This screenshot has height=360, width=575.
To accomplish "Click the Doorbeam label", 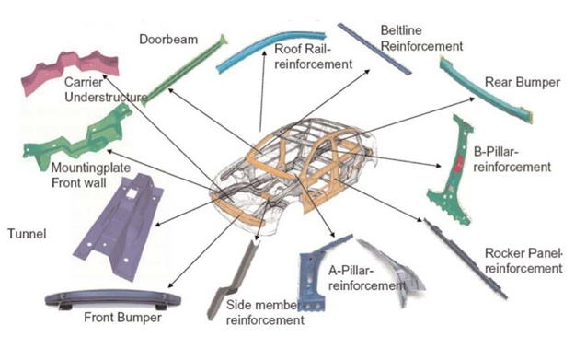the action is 168,40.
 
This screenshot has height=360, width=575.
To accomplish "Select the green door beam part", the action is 183,70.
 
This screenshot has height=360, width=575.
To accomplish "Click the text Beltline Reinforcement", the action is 421,38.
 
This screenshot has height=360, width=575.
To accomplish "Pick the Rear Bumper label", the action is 523,82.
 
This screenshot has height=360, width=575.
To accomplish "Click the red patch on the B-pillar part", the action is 458,164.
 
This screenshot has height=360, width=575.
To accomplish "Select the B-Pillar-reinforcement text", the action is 512,159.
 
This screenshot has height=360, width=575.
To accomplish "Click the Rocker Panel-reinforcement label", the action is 523,261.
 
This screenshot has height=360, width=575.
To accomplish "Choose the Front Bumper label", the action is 122,318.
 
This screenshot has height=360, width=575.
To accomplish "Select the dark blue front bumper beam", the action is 112,298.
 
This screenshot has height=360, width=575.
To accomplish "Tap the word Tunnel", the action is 27,234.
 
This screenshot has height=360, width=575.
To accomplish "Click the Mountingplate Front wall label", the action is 90,175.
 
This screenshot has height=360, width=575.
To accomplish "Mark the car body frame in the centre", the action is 293,176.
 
